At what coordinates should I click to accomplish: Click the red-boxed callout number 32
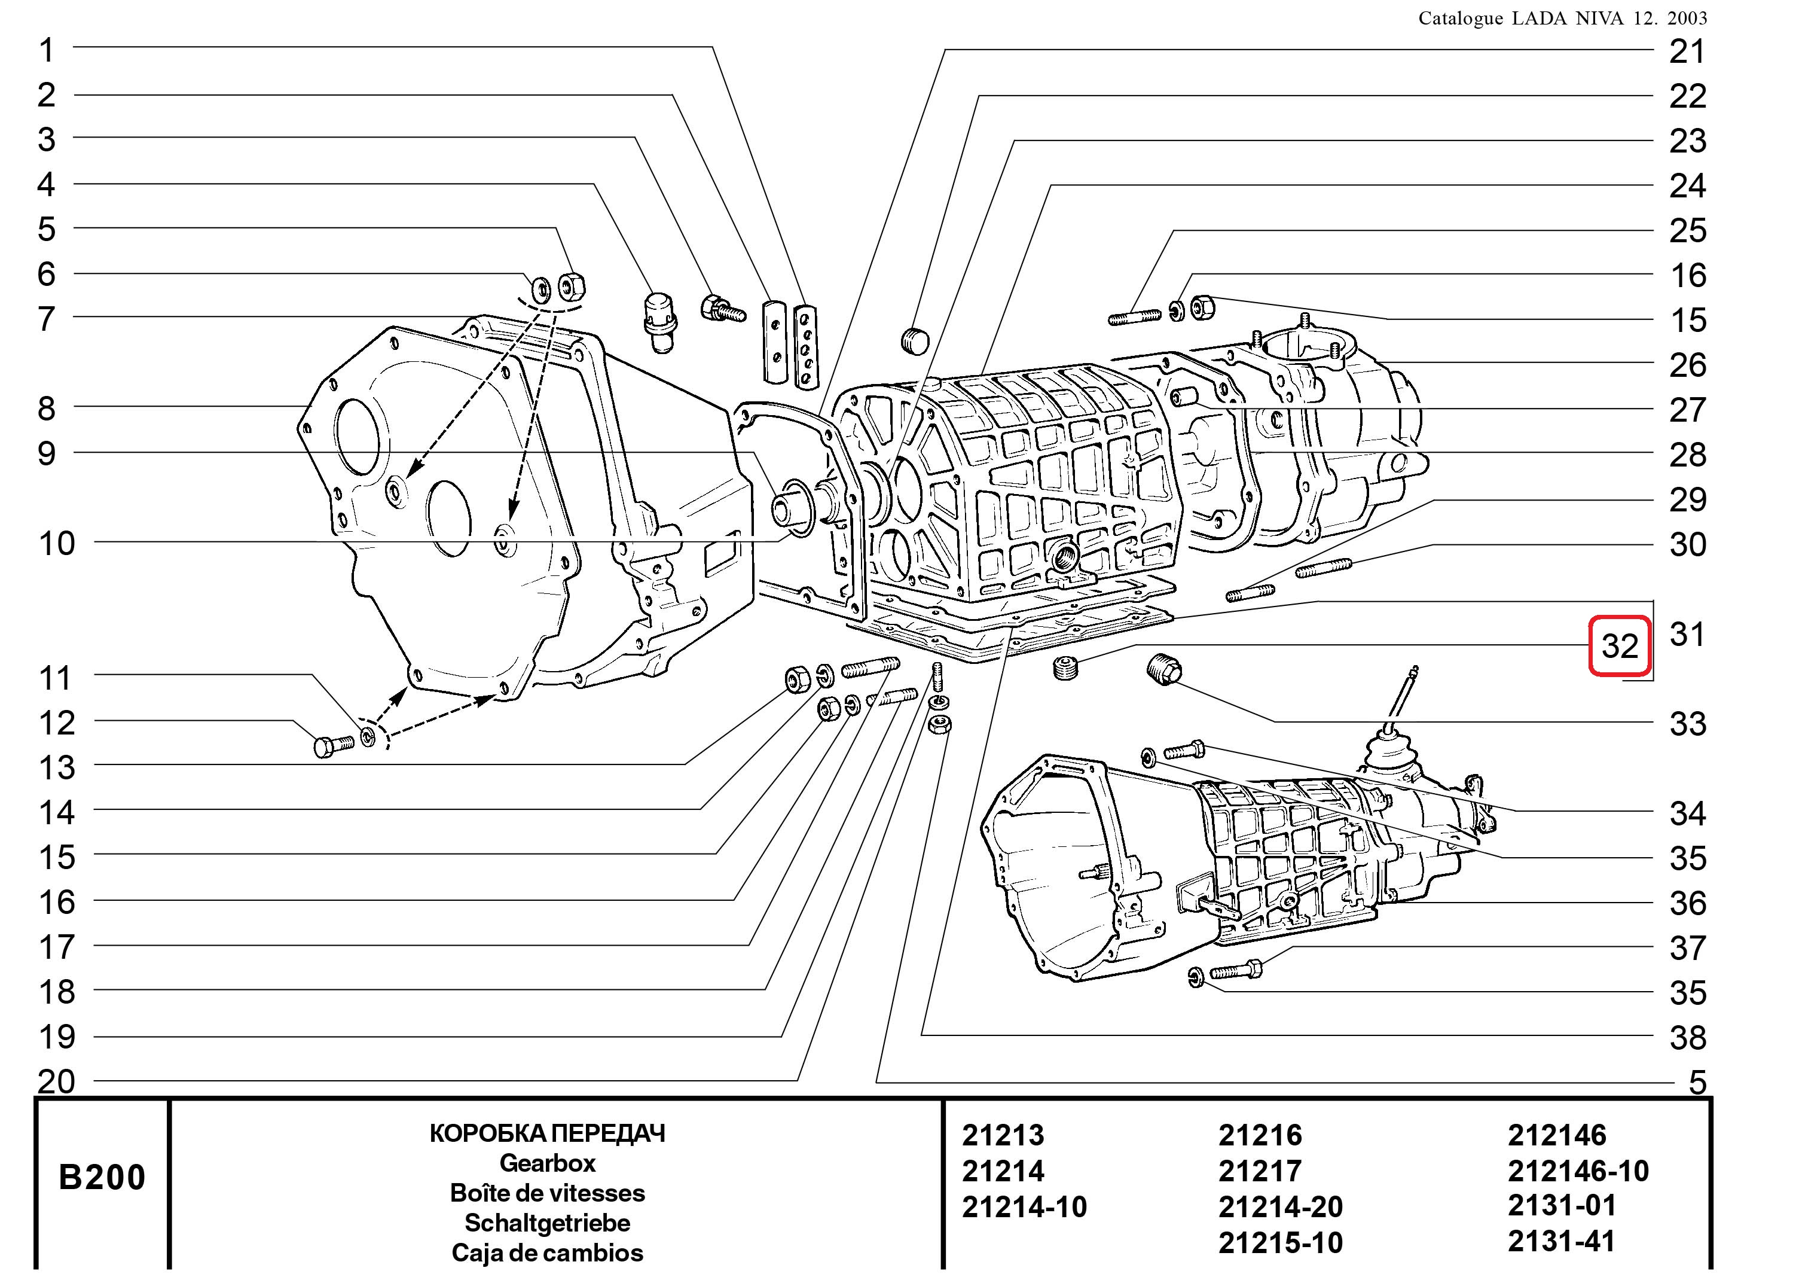(1619, 647)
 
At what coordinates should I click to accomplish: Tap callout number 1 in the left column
(47, 50)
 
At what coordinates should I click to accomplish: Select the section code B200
(102, 1177)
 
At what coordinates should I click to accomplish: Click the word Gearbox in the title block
(547, 1163)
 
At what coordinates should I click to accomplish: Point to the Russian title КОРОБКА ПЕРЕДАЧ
(547, 1133)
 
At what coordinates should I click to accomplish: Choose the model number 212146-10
(1578, 1171)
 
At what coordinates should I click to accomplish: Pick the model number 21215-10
(1281, 1242)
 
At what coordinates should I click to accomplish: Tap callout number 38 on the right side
(1688, 1038)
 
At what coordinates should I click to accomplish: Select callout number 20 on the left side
(57, 1081)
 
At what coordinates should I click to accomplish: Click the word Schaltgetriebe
(547, 1223)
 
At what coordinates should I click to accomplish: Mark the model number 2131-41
(1561, 1241)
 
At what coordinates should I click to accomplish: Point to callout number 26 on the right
(1688, 365)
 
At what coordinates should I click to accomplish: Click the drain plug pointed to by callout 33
(1162, 670)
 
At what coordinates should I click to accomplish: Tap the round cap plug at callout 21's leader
(914, 342)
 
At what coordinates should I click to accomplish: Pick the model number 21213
(1003, 1135)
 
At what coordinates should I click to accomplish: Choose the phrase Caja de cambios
(547, 1252)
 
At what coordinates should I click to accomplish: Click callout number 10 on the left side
(57, 543)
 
